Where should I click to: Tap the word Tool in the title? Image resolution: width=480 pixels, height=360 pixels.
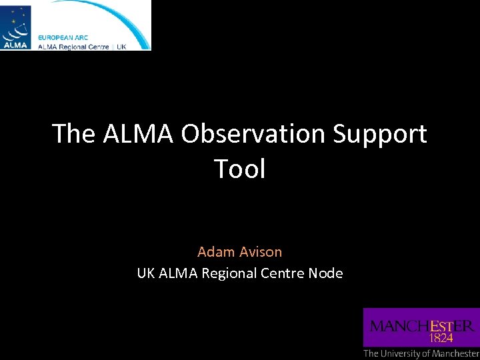click(x=240, y=169)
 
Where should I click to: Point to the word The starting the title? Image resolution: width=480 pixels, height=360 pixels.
click(x=75, y=134)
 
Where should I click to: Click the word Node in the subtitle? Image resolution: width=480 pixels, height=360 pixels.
click(x=326, y=273)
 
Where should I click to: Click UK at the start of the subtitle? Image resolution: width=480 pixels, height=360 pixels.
click(x=146, y=273)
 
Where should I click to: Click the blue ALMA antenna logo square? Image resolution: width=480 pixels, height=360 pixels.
click(x=16, y=26)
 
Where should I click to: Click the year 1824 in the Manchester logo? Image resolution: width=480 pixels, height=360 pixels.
click(x=441, y=338)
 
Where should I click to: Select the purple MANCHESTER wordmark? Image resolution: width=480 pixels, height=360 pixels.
click(x=422, y=326)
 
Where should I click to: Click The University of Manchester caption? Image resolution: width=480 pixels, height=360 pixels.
click(x=421, y=353)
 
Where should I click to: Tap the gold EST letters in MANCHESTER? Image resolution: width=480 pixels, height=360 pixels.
click(x=441, y=326)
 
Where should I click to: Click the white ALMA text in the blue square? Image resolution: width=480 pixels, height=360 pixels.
click(x=15, y=45)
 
